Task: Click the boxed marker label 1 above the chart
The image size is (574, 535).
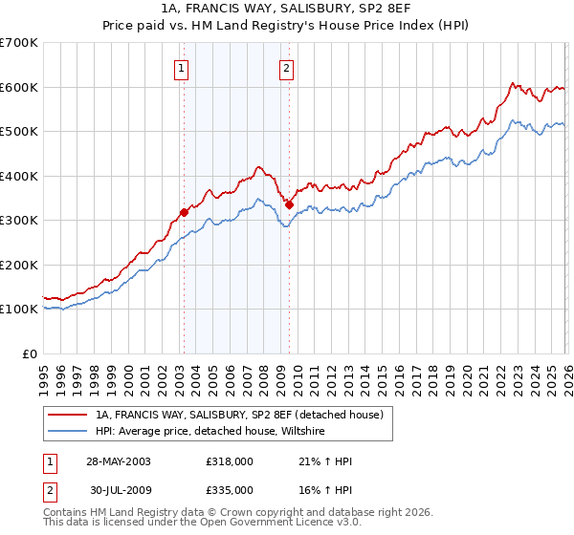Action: click(182, 67)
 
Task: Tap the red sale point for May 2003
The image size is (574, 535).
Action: click(184, 212)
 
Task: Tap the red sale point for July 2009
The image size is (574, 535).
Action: click(289, 204)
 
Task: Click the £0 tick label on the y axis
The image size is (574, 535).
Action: click(31, 353)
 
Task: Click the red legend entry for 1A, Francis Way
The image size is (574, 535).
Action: click(239, 415)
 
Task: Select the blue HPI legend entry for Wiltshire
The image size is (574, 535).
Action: click(210, 432)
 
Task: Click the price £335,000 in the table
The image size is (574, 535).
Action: click(230, 490)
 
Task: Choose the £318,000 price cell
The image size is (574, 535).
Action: click(230, 461)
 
